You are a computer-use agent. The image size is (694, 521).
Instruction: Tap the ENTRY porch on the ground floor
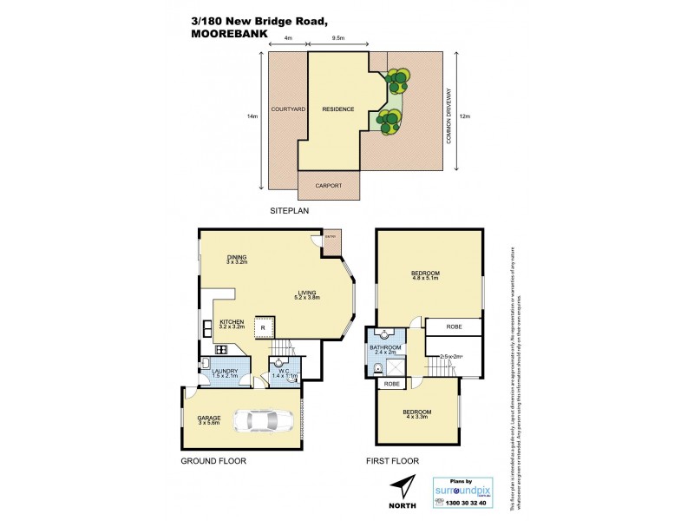(x=330, y=243)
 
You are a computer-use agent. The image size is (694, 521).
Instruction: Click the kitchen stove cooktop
(x=221, y=350)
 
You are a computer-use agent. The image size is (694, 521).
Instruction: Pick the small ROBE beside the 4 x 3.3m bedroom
(x=392, y=384)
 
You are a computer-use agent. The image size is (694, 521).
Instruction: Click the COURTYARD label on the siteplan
(x=287, y=109)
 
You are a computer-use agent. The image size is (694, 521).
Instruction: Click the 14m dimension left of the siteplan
(x=252, y=116)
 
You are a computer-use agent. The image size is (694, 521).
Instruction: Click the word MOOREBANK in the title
(x=227, y=36)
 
